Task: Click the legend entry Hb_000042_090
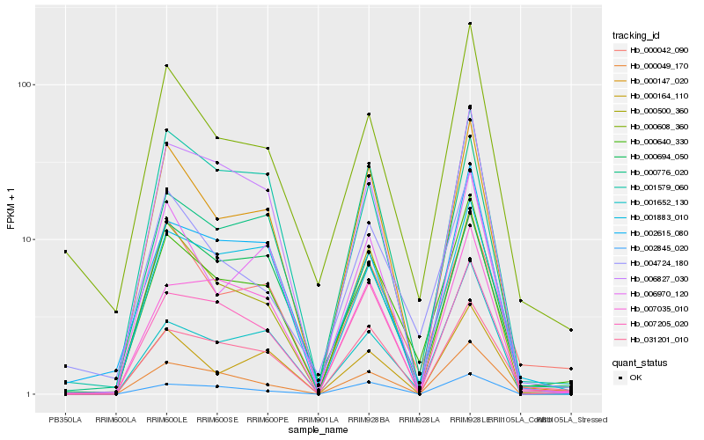[x=652, y=51]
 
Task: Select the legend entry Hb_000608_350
[x=652, y=127]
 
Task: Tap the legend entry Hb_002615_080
[x=652, y=233]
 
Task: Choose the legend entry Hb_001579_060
[x=652, y=187]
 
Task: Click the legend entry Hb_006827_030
[x=652, y=278]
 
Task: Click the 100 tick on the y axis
[x=26, y=84]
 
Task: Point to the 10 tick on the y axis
[x=28, y=239]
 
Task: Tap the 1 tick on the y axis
[x=31, y=394]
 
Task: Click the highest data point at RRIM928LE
[x=470, y=24]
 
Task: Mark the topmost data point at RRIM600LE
[x=166, y=65]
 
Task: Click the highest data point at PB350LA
[x=65, y=252]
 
